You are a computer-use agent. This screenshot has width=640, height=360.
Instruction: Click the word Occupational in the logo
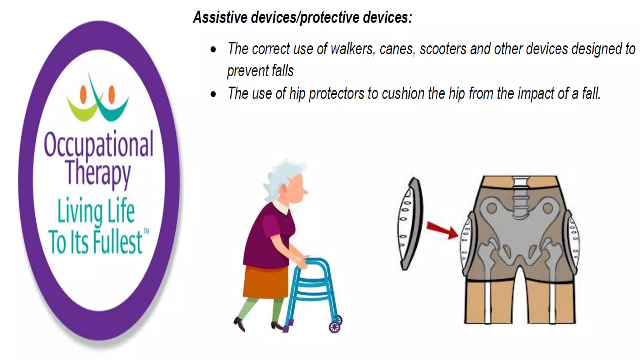click(x=98, y=145)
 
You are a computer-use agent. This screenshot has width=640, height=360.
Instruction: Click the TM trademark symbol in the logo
click(x=146, y=232)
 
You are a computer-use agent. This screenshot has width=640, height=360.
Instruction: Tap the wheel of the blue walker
click(x=335, y=327)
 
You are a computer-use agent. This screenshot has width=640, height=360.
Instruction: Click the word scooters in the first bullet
click(x=443, y=49)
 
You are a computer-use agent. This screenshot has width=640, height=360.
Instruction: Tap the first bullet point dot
click(x=213, y=49)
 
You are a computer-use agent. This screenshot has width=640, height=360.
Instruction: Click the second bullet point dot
click(x=213, y=94)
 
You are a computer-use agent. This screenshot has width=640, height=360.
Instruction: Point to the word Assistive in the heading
click(x=220, y=17)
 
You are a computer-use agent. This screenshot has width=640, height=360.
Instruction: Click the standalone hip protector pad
click(x=410, y=223)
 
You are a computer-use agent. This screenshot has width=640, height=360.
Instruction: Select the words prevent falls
click(x=260, y=71)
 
